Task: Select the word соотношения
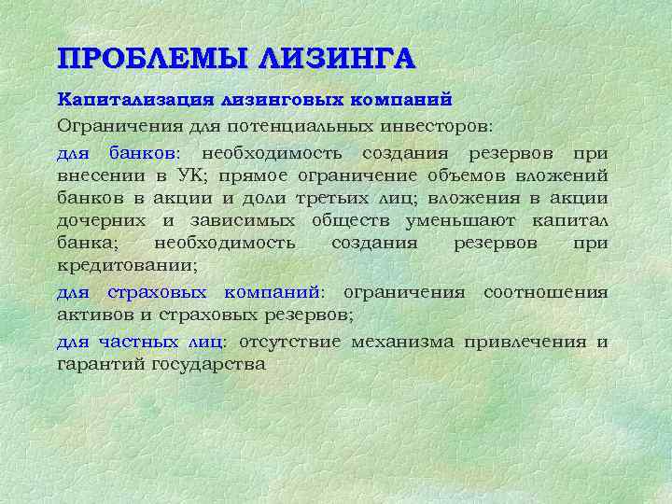click(x=545, y=292)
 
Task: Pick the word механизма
click(x=403, y=341)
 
